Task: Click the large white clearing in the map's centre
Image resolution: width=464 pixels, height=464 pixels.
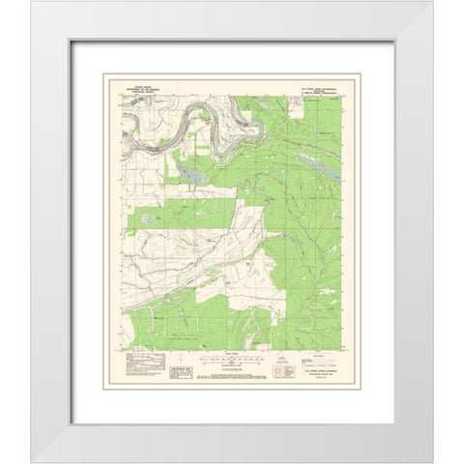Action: pyautogui.click(x=247, y=232)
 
